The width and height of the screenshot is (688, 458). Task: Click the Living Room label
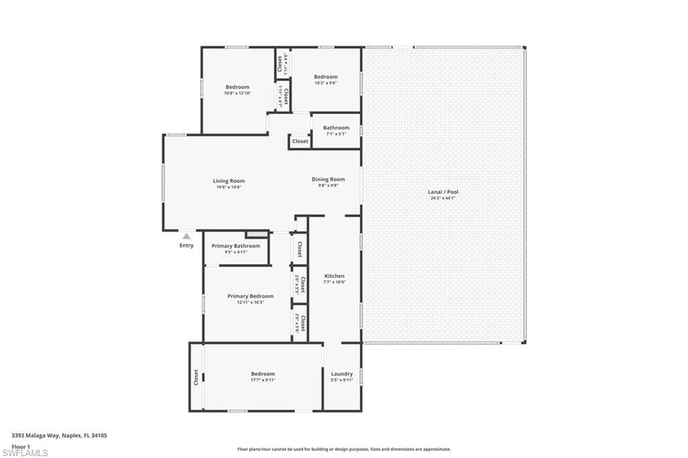tap(228, 181)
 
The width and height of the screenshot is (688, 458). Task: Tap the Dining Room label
tap(328, 179)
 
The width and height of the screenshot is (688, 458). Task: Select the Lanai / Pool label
tap(443, 192)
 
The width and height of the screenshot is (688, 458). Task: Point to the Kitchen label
tap(335, 276)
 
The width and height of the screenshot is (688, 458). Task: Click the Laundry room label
tap(342, 374)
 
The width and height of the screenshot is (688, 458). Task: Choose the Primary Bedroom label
tap(250, 296)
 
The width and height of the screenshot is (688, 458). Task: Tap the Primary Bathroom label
tap(236, 246)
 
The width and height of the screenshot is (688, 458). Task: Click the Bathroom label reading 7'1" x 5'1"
tap(336, 128)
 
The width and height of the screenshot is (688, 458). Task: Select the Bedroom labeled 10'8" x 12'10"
tap(237, 87)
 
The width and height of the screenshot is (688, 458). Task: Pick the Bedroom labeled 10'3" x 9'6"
tap(326, 77)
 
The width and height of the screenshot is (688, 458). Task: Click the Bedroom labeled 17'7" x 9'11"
tap(263, 374)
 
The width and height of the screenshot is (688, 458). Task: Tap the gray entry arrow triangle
tap(186, 236)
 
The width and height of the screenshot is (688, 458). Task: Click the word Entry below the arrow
tap(186, 245)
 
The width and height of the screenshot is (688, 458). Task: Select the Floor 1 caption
tap(21, 446)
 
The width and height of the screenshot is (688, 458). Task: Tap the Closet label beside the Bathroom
tap(300, 142)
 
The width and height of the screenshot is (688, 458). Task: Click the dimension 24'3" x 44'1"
tap(443, 198)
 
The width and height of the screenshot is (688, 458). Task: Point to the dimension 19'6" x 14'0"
tap(228, 187)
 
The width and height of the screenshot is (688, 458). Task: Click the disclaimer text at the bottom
tap(343, 449)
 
